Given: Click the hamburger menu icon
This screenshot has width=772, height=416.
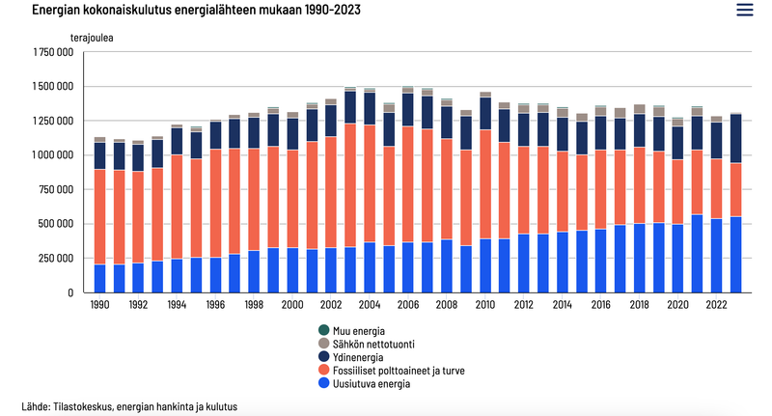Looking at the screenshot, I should coord(744,10).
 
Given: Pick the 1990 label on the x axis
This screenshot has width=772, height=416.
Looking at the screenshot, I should coord(99,305).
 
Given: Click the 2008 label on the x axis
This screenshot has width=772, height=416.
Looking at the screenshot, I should coord(447,305).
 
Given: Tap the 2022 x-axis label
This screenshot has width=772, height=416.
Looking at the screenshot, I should coord(717,305).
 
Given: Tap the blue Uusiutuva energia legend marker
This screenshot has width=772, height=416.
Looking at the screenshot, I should coord(324,384).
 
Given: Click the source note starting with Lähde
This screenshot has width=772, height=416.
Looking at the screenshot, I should coord(128,406).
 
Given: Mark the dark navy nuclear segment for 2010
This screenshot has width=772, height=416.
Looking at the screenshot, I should coord(485,113).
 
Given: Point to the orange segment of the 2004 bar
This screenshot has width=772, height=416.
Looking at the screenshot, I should coord(370,183).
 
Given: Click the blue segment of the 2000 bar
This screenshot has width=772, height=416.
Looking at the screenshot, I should coord(292,270).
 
